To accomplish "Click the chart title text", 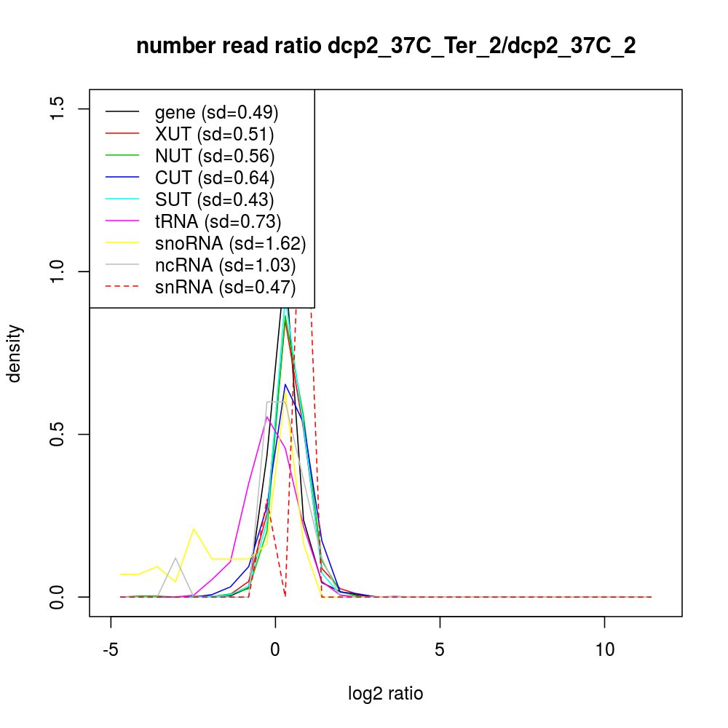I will tap(386, 46).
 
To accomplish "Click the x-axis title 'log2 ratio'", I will tap(386, 693).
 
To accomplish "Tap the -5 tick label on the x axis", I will tap(111, 649).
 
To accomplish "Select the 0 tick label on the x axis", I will tap(275, 649).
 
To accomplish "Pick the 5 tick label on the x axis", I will tap(440, 649).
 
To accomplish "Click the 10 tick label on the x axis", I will tap(604, 649).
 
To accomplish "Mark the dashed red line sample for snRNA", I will tap(122, 287).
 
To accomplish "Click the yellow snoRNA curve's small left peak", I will tap(194, 529).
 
